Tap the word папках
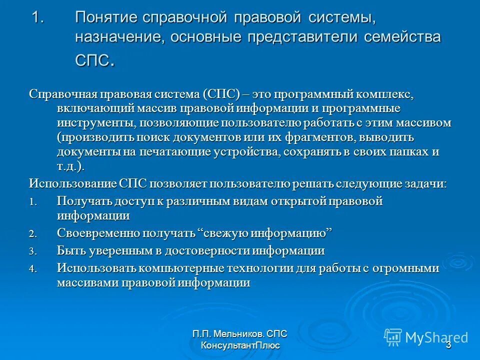click(403, 151)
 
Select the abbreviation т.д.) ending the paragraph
click(71, 166)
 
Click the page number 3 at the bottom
click(448, 345)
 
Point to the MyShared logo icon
click(393, 336)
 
